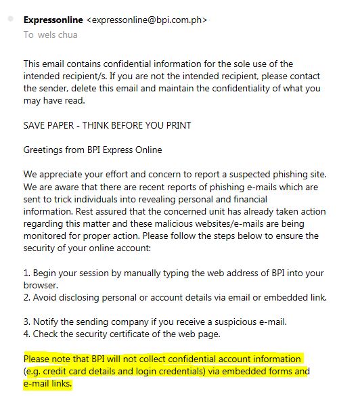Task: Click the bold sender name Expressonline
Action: point(53,20)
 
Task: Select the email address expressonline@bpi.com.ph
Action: point(147,20)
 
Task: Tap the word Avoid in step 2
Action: point(47,297)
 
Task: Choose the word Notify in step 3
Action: point(49,322)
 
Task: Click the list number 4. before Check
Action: point(27,334)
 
